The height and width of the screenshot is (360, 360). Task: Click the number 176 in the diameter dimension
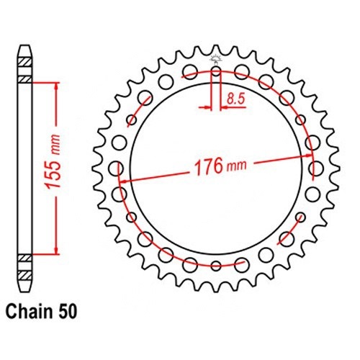[208, 166]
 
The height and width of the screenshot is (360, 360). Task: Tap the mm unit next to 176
[237, 165]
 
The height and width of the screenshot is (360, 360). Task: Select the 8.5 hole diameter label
[235, 99]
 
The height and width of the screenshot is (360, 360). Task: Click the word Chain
[29, 312]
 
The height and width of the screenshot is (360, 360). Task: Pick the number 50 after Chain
[67, 312]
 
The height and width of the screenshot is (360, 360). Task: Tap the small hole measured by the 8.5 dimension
[216, 71]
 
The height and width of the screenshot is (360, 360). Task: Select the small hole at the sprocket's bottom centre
[216, 265]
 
